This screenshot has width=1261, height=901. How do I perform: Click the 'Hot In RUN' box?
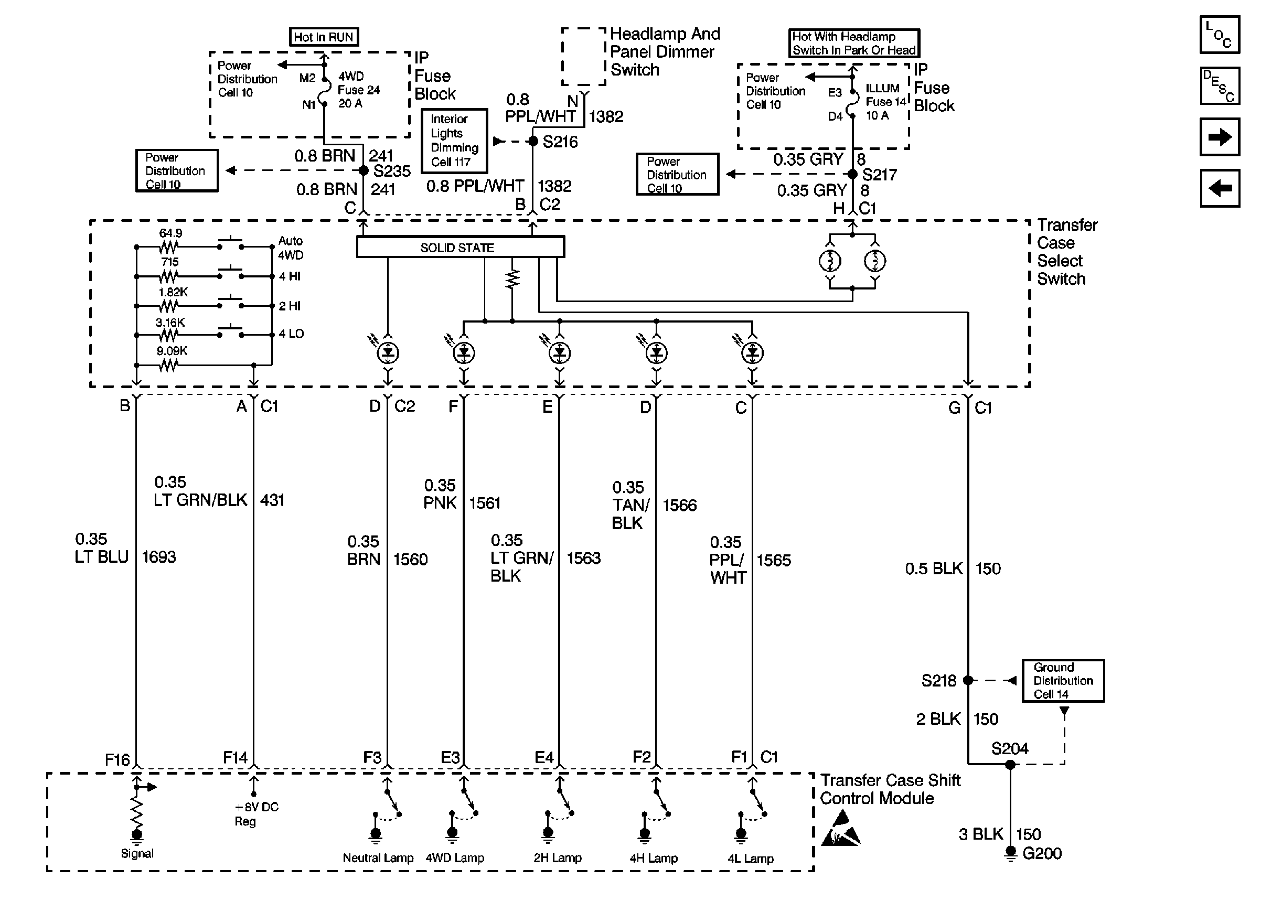[324, 37]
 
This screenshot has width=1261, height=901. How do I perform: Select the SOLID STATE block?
[460, 247]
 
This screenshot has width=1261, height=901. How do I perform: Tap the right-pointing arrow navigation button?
[1220, 136]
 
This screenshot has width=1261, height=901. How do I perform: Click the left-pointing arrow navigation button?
[1220, 188]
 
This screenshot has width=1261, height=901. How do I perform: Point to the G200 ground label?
[1042, 853]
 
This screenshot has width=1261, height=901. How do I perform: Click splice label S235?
[392, 171]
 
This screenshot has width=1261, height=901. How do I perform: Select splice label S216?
[560, 142]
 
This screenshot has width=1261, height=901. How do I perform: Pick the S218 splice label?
[939, 680]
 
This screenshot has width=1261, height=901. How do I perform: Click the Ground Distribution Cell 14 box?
[1063, 681]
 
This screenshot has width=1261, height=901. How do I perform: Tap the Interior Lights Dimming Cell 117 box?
[454, 141]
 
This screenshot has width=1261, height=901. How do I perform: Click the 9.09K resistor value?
[172, 351]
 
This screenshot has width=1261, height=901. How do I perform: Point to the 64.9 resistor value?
[170, 233]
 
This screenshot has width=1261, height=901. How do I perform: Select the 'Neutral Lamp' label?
[378, 857]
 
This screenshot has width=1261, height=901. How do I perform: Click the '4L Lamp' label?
[751, 859]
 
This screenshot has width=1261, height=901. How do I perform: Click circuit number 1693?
[158, 556]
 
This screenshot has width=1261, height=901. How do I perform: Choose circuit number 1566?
[680, 505]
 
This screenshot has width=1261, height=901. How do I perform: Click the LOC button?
[1220, 35]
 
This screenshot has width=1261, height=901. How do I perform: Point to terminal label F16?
[117, 759]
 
